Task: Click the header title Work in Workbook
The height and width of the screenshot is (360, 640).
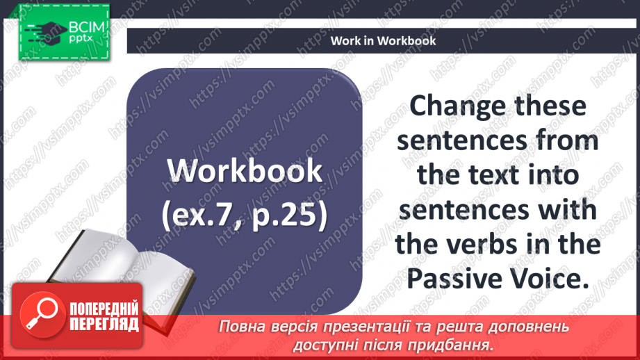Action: (x=383, y=41)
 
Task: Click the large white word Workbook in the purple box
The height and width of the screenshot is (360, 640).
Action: (x=245, y=170)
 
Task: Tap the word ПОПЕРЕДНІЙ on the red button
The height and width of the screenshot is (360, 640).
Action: (x=104, y=309)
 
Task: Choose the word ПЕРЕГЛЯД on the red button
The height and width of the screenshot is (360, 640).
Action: (x=104, y=325)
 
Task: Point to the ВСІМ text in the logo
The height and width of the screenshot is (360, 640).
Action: (x=87, y=27)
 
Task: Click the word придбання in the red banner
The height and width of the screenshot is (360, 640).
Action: (x=450, y=345)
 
